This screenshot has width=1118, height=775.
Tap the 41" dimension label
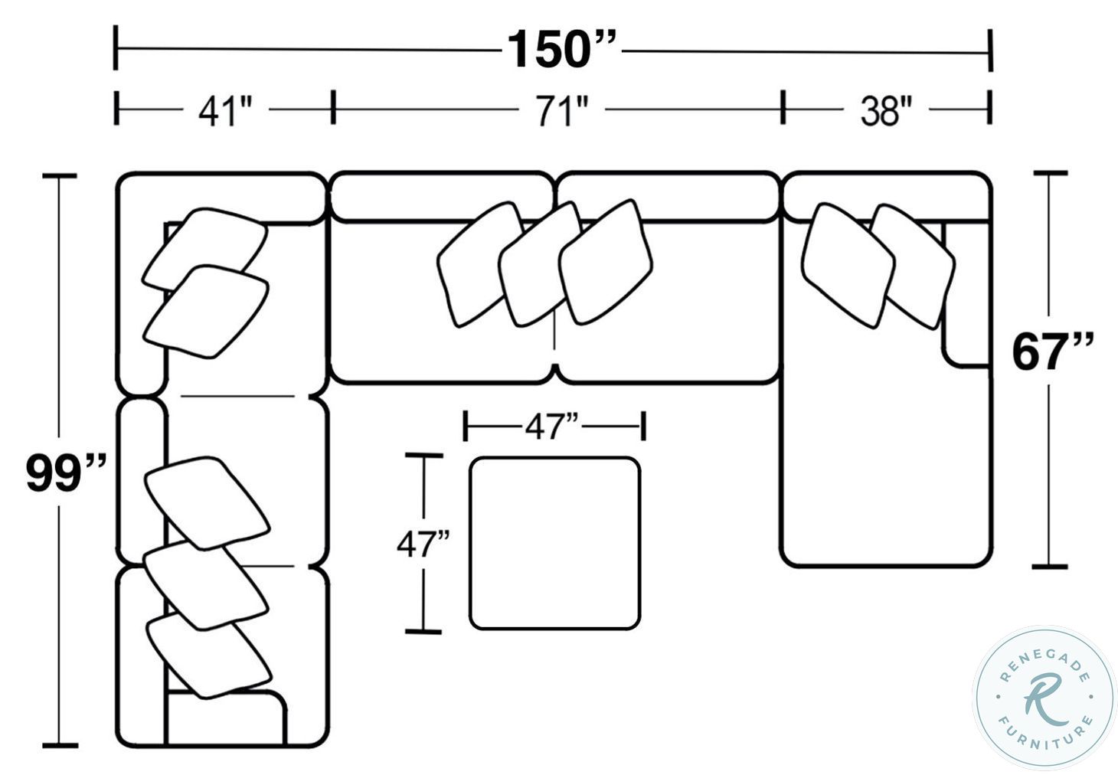[225, 112]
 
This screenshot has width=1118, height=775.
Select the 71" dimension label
[561, 112]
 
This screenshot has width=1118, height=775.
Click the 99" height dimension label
[65, 473]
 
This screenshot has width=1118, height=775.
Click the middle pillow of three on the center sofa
[541, 263]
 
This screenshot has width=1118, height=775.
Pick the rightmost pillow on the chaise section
[913, 266]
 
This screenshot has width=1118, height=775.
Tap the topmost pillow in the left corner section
[205, 249]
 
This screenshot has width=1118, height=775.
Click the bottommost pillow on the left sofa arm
[208, 655]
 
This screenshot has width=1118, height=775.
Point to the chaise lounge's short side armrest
[966, 296]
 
